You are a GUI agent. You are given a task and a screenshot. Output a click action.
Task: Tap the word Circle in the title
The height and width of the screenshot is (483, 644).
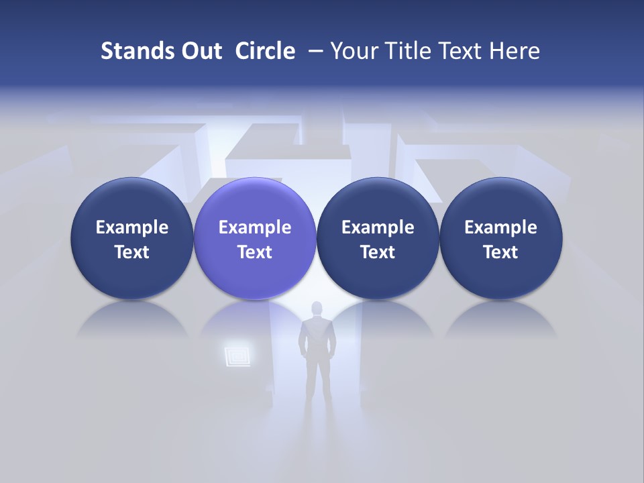[265, 51]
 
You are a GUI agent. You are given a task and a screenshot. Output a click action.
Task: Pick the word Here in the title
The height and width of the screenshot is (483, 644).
[515, 51]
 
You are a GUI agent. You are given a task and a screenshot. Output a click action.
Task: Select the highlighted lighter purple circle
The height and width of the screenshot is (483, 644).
[255, 238]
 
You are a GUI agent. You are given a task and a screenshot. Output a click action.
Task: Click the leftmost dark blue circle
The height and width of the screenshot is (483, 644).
[132, 238]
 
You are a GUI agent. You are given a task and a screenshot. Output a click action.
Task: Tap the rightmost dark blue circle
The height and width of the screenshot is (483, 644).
[501, 238]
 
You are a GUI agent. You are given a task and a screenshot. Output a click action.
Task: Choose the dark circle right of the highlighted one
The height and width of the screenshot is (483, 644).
[378, 238]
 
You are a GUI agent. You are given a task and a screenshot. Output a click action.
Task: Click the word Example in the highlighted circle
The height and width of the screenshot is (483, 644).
[255, 227]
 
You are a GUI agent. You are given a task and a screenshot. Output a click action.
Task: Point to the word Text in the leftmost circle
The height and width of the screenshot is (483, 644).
[132, 252]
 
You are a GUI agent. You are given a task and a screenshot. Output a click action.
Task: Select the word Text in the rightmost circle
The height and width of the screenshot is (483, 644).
[501, 252]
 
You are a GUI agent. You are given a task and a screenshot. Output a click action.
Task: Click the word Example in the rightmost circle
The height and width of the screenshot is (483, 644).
[501, 227]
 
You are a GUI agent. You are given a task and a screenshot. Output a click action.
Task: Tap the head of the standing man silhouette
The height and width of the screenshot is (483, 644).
[317, 309]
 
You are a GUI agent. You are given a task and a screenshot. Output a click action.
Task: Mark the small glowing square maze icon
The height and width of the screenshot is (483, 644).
[237, 354]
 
